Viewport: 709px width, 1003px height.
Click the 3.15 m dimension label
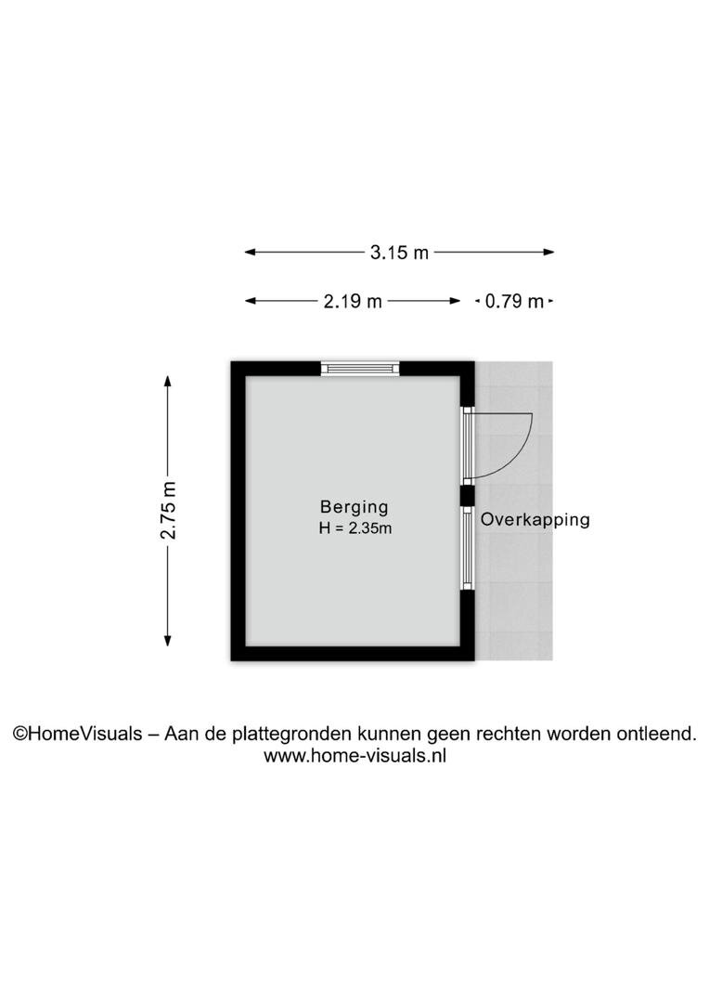pos(399,252)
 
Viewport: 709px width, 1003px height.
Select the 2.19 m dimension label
pos(353,301)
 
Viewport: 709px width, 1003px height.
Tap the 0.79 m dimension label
pos(514,301)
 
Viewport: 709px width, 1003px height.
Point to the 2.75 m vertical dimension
pos(167,510)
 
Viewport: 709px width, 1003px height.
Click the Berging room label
pos(354,507)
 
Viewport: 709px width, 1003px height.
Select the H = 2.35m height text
pos(354,528)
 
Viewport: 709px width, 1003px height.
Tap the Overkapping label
pos(535,519)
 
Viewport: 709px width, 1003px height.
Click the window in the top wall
pos(360,369)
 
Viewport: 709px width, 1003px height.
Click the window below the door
pos(468,548)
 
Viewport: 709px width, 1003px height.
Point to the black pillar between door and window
pos(468,496)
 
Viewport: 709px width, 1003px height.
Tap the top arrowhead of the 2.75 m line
pos(167,381)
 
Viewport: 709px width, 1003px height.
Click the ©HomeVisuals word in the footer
pos(77,734)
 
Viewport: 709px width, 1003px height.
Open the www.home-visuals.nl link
pos(354,755)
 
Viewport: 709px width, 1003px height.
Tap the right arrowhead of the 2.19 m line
pos(456,301)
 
